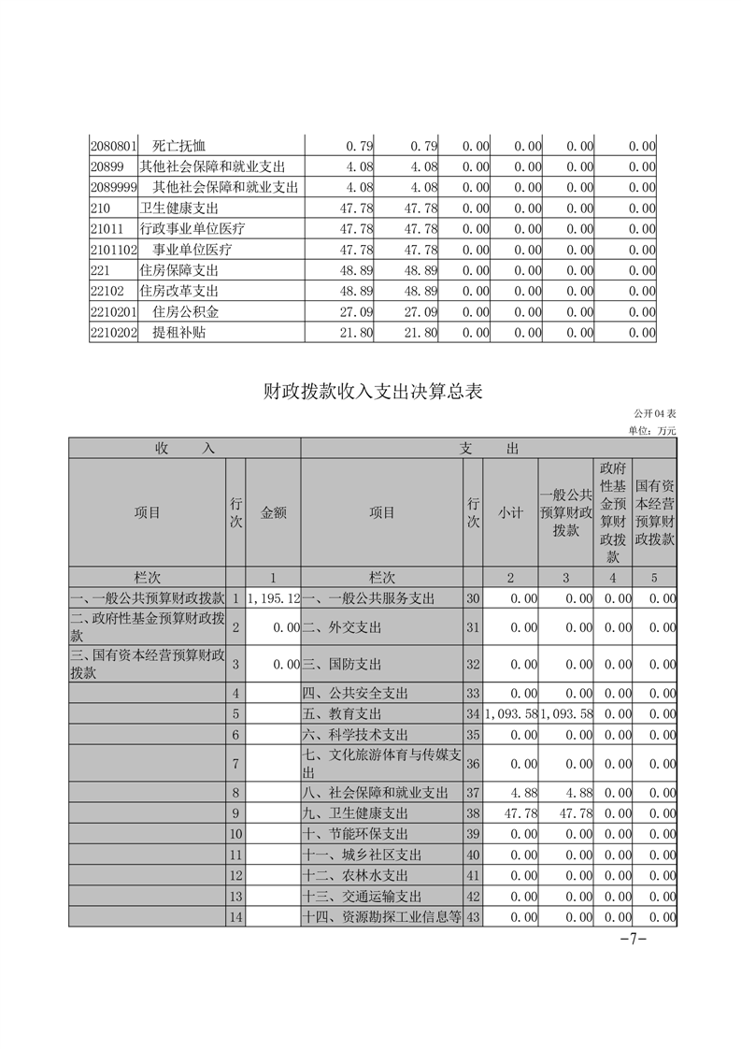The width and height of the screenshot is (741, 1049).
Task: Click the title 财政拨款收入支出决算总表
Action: pyautogui.click(x=371, y=393)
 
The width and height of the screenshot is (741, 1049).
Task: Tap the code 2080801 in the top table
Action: pyautogui.click(x=113, y=146)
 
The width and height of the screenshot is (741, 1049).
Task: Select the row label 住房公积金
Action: pyautogui.click(x=186, y=311)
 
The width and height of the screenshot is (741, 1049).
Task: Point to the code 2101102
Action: pyautogui.click(x=113, y=250)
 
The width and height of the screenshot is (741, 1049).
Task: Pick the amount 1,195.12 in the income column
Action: pyautogui.click(x=274, y=597)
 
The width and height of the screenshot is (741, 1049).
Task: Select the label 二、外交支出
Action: pyautogui.click(x=342, y=627)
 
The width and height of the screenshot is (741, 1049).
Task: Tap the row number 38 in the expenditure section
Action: pyautogui.click(x=473, y=813)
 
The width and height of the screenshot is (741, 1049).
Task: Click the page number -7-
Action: pyautogui.click(x=634, y=940)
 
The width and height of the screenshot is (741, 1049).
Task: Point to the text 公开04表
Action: pyautogui.click(x=654, y=414)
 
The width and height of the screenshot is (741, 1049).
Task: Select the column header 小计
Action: pyautogui.click(x=510, y=512)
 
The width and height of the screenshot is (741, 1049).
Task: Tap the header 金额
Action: pyautogui.click(x=274, y=512)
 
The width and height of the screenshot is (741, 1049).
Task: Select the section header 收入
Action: pyautogui.click(x=184, y=449)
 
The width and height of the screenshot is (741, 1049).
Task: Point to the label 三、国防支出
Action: pyautogui.click(x=342, y=665)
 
